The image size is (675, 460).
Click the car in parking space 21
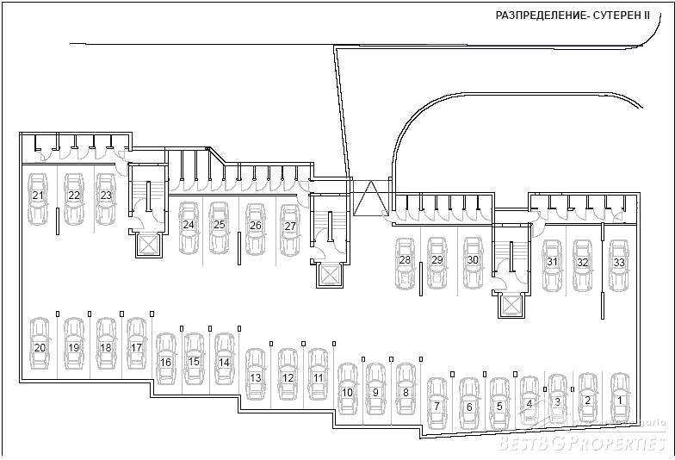coord(38,199)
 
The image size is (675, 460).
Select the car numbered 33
coord(618,265)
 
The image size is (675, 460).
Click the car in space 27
coord(290,228)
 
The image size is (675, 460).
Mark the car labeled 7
coord(437,403)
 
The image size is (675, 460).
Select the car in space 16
coord(166,360)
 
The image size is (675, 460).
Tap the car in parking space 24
coord(189,227)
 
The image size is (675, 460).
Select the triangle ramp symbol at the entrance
coord(372,197)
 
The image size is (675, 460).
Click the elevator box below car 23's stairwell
coord(148,246)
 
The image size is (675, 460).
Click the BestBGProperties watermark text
coord(582,443)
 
